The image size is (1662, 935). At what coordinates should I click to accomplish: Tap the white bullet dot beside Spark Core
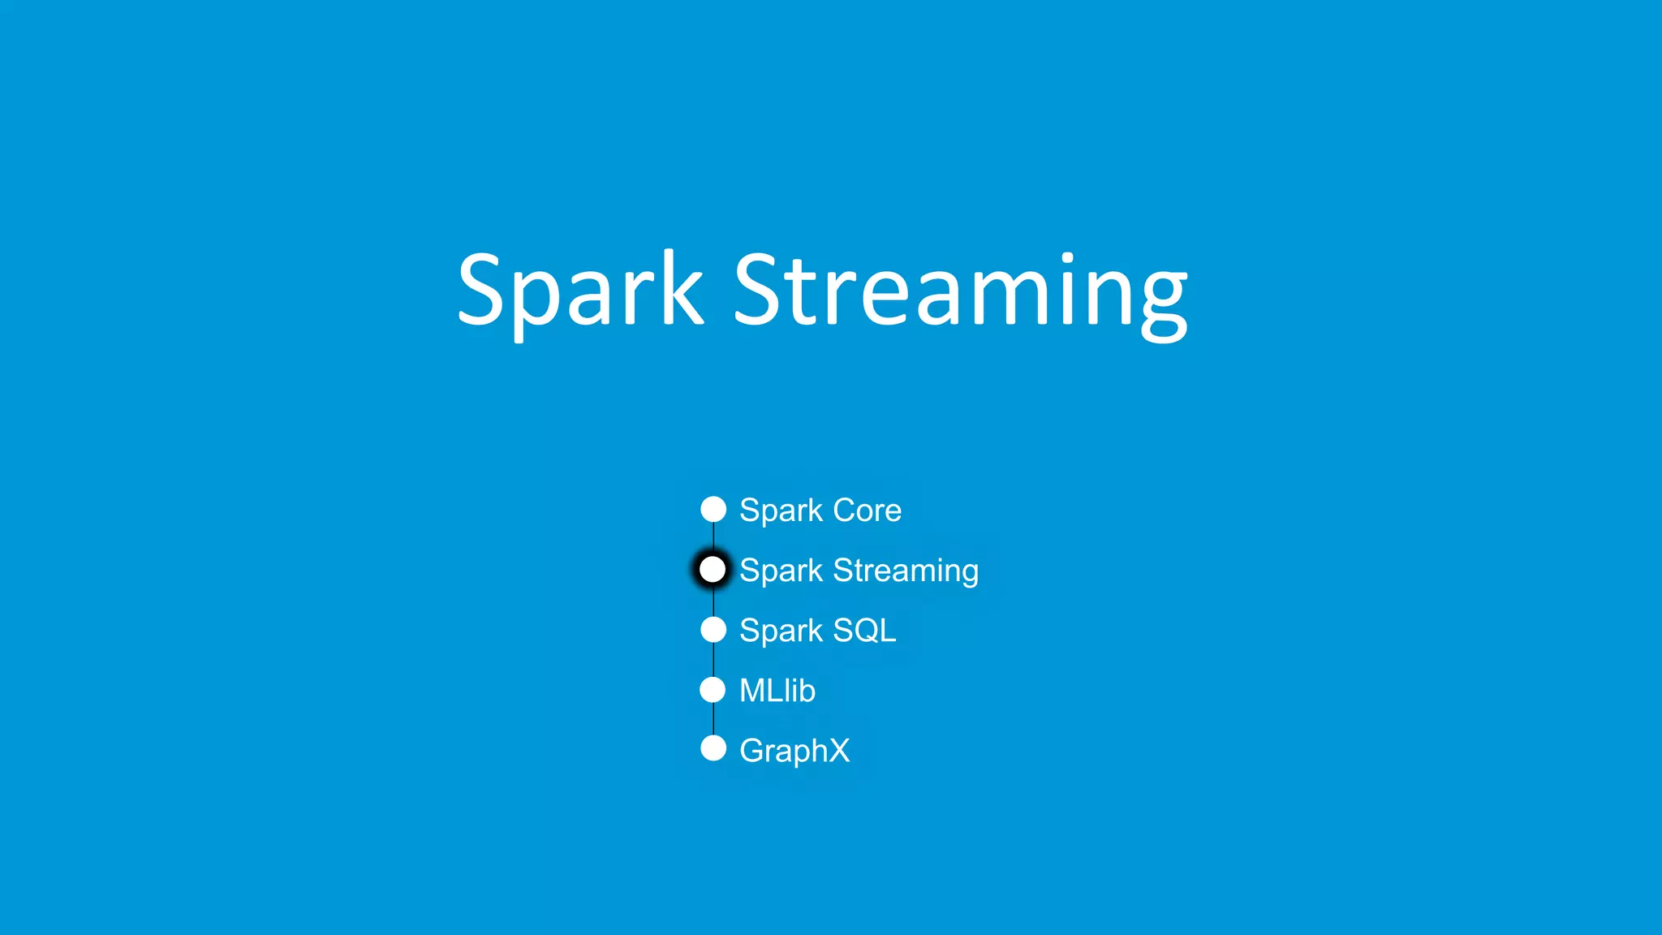point(713,510)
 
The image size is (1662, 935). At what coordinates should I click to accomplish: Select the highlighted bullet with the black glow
point(713,570)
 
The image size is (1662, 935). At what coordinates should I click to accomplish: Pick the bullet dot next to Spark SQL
point(713,630)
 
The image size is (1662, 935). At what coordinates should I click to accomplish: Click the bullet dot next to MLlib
point(713,690)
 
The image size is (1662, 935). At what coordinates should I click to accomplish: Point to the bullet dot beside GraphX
point(713,748)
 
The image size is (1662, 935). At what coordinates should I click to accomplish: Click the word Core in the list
point(867,511)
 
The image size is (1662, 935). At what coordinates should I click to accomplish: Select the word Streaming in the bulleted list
point(906,571)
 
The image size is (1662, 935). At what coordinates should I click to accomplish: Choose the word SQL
point(864,631)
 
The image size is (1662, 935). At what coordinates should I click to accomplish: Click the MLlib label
point(777,691)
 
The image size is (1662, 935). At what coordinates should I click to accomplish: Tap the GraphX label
point(794,751)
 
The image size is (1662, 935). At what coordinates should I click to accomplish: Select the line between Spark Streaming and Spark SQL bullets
point(713,601)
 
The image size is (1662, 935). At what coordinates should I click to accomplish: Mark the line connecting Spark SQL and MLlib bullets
point(713,660)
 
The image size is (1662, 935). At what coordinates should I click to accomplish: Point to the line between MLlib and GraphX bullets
point(713,719)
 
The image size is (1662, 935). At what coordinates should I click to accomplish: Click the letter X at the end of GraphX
point(838,750)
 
